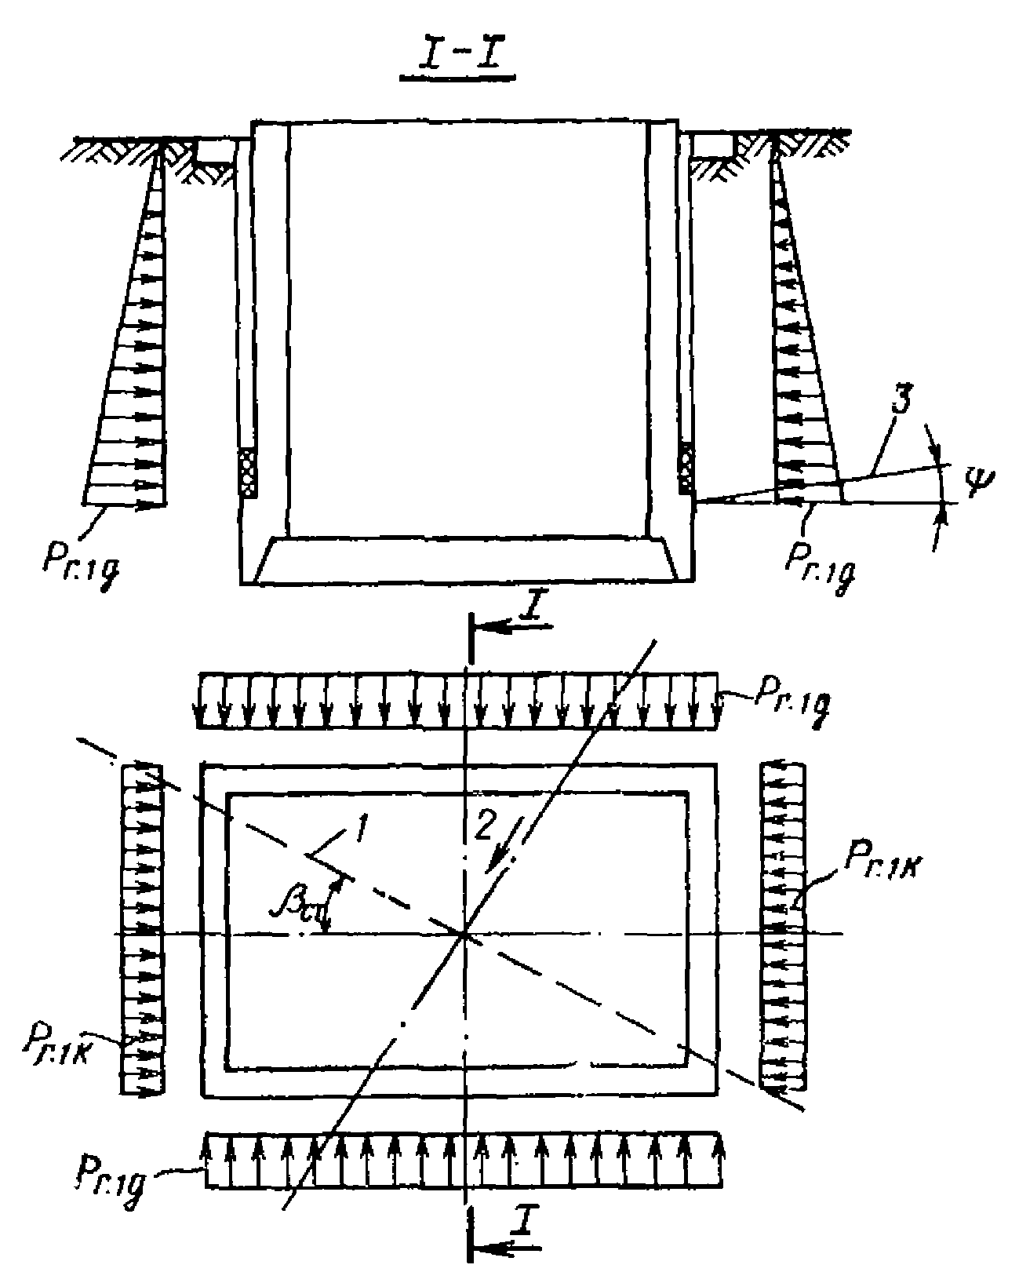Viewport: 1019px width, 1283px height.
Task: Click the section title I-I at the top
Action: pyautogui.click(x=457, y=60)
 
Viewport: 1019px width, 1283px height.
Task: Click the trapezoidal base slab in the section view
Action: pyautogui.click(x=466, y=559)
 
